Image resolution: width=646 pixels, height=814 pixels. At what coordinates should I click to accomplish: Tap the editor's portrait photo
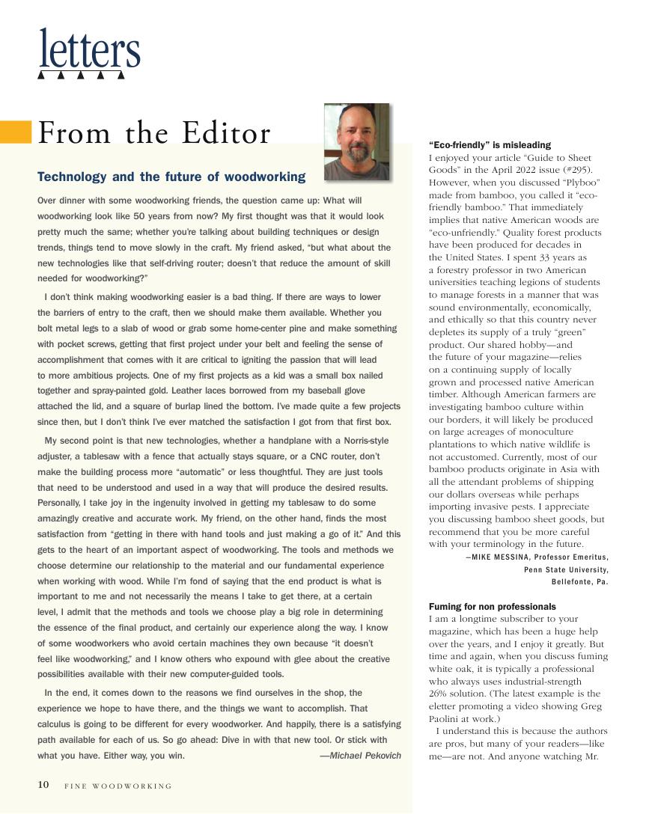[x=357, y=141]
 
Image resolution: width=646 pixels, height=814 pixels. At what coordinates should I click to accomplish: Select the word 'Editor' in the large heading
[x=225, y=133]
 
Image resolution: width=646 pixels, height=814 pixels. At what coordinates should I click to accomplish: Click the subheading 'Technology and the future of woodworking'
[x=171, y=177]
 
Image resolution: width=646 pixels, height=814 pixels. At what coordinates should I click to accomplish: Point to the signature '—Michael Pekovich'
[x=360, y=755]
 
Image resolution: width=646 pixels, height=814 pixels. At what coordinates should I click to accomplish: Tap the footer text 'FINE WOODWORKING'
[x=118, y=786]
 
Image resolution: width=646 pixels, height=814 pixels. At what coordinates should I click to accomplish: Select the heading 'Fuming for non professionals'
[x=492, y=606]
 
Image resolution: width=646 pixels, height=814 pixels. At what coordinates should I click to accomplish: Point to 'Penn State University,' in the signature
[x=566, y=569]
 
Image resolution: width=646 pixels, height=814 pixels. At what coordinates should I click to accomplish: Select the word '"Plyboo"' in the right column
[x=578, y=183]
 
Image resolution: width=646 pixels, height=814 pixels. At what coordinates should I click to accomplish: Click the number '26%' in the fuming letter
[x=439, y=694]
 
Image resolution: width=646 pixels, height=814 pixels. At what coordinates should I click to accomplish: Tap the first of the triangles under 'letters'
[x=42, y=76]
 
